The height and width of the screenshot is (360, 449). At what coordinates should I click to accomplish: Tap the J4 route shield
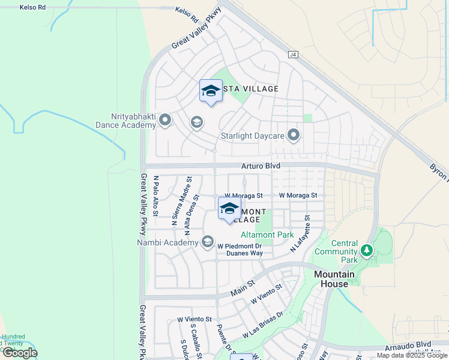tap(293, 54)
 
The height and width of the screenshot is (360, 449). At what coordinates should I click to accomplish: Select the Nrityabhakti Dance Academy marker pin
tap(166, 121)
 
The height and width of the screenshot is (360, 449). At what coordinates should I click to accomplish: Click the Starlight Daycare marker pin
tap(293, 135)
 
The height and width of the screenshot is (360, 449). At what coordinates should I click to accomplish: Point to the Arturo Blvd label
tap(261, 166)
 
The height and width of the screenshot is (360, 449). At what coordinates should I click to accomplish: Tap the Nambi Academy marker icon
tap(208, 242)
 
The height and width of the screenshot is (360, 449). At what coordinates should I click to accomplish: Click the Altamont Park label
tap(268, 235)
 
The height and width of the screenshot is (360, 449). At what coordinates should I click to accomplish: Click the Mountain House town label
tap(334, 279)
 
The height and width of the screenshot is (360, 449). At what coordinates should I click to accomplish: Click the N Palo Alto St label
tap(155, 196)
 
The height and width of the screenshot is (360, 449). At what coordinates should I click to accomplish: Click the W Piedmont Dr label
tap(240, 246)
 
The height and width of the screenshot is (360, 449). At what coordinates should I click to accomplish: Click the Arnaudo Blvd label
tap(414, 344)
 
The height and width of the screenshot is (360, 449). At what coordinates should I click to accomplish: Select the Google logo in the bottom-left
tap(19, 353)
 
